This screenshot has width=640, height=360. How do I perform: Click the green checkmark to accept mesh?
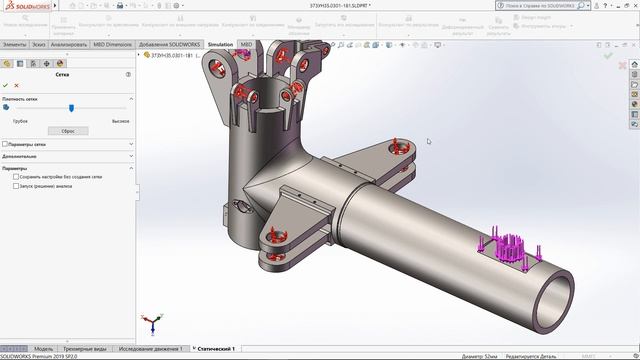[x=6, y=86]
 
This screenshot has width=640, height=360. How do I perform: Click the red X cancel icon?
[x=17, y=86]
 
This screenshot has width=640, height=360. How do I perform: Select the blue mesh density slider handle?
[x=70, y=108]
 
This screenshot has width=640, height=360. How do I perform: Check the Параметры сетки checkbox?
[x=6, y=144]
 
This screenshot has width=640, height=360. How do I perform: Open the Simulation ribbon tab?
[x=220, y=45]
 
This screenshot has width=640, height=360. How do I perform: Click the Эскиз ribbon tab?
[x=38, y=45]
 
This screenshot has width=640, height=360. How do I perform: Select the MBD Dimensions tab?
[x=113, y=45]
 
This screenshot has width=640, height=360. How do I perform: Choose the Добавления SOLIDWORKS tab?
[x=170, y=45]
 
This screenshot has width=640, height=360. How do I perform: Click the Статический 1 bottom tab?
[x=215, y=349]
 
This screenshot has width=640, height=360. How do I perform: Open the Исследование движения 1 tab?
[x=151, y=349]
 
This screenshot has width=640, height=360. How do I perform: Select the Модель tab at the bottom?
[x=43, y=349]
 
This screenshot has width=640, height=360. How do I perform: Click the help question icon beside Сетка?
[x=128, y=74]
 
